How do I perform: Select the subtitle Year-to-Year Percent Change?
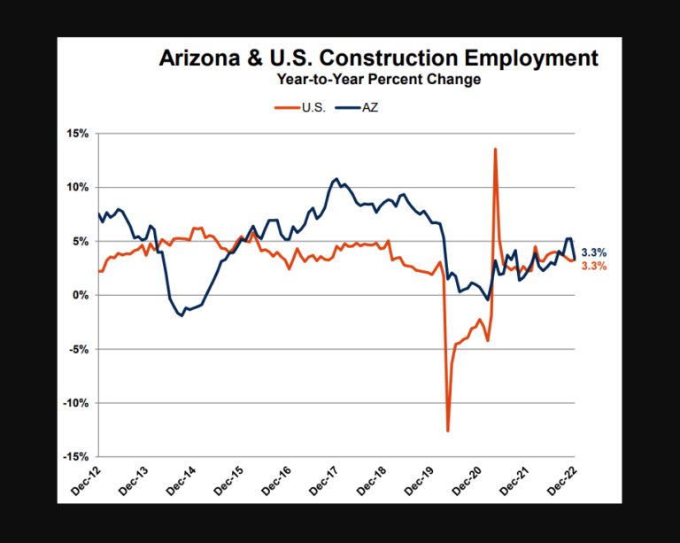378,80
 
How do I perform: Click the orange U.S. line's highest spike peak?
495,149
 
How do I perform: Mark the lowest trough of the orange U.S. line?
448,431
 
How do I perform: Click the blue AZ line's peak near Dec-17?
336,179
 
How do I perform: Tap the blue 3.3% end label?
594,252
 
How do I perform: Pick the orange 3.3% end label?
594,266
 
